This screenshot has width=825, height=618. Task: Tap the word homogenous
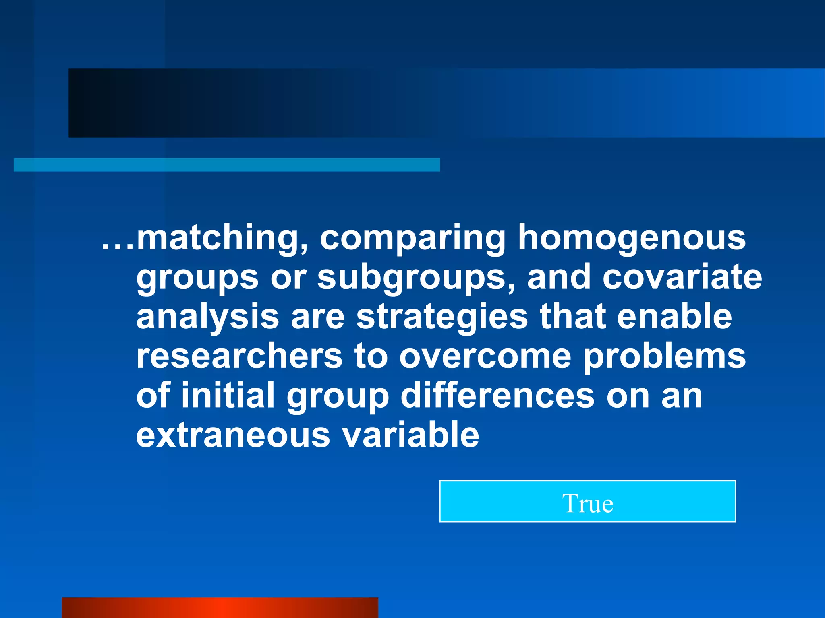(x=631, y=238)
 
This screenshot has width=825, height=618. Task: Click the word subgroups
(x=416, y=278)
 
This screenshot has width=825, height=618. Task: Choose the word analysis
(x=207, y=317)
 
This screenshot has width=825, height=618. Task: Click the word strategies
(x=442, y=317)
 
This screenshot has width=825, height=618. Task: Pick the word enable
(x=674, y=316)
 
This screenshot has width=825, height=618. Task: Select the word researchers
(x=239, y=356)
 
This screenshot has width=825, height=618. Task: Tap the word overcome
(x=485, y=356)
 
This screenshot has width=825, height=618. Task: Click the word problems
(x=664, y=356)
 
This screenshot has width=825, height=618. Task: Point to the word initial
(x=228, y=395)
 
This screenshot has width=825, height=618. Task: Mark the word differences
(x=497, y=395)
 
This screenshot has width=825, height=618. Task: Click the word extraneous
(x=233, y=435)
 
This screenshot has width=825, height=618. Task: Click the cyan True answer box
(x=588, y=501)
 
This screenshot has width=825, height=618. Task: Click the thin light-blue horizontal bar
(x=227, y=165)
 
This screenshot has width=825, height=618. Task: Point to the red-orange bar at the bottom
(x=220, y=608)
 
